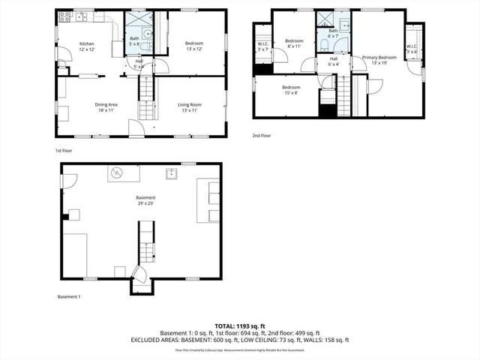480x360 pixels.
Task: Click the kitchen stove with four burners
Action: [x=64, y=16]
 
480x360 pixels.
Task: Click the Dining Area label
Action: [x=106, y=107]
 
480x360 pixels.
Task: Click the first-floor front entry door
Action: [x=136, y=130]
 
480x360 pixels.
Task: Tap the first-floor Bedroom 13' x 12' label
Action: [x=195, y=46]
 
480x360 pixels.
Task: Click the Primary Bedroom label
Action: [x=379, y=60]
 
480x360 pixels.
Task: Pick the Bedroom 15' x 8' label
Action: [x=291, y=90]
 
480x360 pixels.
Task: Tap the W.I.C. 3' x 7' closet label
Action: [x=262, y=47]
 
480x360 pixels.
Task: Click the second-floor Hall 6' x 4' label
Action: [x=334, y=61]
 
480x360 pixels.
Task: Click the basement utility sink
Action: [x=172, y=174]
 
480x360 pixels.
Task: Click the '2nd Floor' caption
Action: [x=262, y=136]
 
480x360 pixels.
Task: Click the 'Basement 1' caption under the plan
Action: [x=69, y=296]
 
